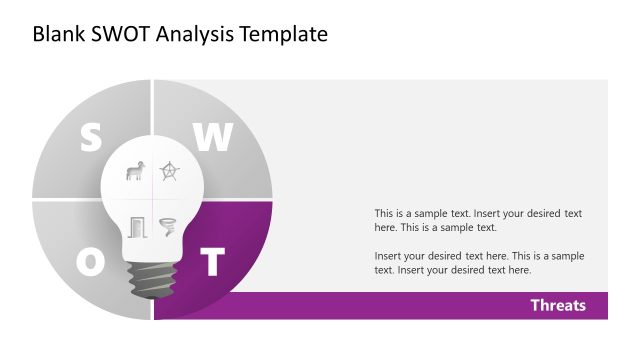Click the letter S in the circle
pyautogui.click(x=91, y=138)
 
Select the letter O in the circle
pyautogui.click(x=91, y=262)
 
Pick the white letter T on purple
pyautogui.click(x=211, y=262)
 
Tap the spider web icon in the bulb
pyautogui.click(x=169, y=172)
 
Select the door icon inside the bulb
pyautogui.click(x=136, y=226)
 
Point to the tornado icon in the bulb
pyautogui.click(x=167, y=226)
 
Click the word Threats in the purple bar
pyautogui.click(x=558, y=305)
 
